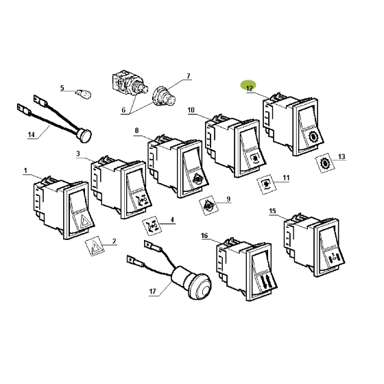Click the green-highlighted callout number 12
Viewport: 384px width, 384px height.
250,88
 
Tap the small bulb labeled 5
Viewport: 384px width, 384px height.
84,93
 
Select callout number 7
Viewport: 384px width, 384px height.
188,76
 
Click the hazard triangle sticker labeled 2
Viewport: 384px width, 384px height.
95,246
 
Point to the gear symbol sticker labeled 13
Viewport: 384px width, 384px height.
326,163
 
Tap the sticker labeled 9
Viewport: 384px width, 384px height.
208,205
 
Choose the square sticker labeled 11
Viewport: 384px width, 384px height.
267,184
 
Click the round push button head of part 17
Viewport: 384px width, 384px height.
200,286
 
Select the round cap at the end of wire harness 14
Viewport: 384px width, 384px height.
84,135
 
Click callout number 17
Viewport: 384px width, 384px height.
152,291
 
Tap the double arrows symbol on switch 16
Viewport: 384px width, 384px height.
265,281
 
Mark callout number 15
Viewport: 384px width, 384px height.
272,211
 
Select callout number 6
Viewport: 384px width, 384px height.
123,110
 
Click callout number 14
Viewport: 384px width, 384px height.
31,134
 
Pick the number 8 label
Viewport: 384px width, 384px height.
136,130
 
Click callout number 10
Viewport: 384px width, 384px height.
191,110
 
